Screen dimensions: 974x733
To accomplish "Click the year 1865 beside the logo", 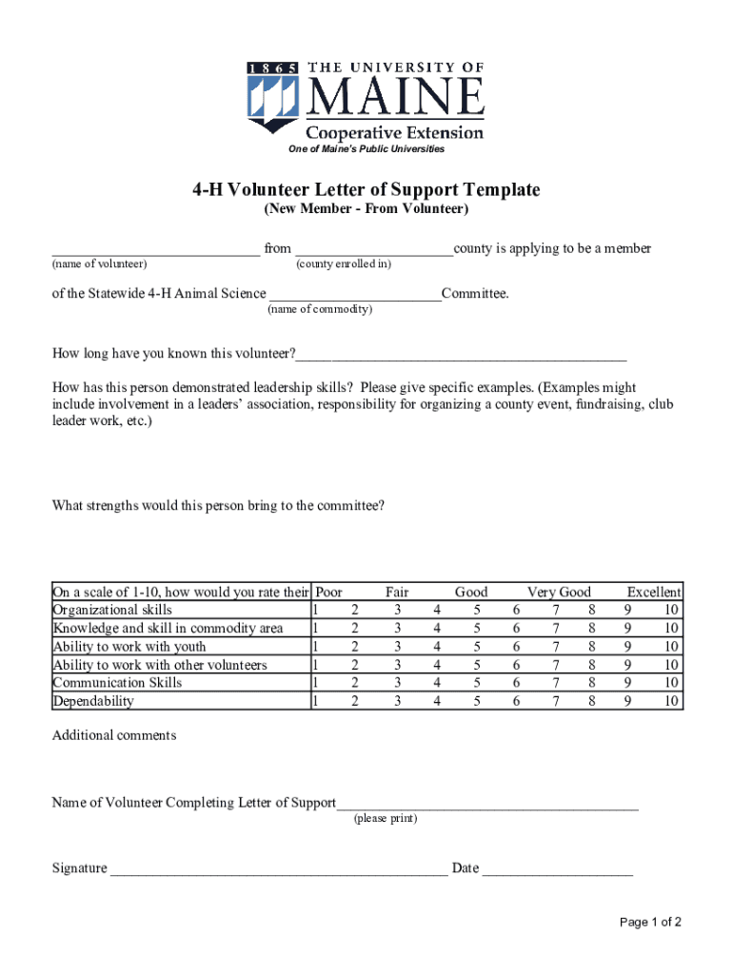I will point(273,68).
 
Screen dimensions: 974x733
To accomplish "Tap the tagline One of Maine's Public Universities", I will point(366,150).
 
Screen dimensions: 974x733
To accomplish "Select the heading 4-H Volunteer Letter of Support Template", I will point(366,189).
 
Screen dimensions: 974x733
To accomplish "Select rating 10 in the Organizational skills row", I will point(672,610).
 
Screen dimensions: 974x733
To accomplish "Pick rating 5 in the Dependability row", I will point(476,701).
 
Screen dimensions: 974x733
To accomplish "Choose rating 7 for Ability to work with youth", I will point(556,647).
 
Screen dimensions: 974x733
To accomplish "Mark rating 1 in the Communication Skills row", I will point(317,683).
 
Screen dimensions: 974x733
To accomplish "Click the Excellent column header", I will point(653,592).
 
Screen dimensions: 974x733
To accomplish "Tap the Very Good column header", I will point(559,592).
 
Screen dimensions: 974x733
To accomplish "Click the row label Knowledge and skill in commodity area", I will point(168,628).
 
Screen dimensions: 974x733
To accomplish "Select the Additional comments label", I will point(113,735).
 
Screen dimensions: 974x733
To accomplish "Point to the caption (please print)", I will point(386,819).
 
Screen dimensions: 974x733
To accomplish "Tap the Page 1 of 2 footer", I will point(650,922).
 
